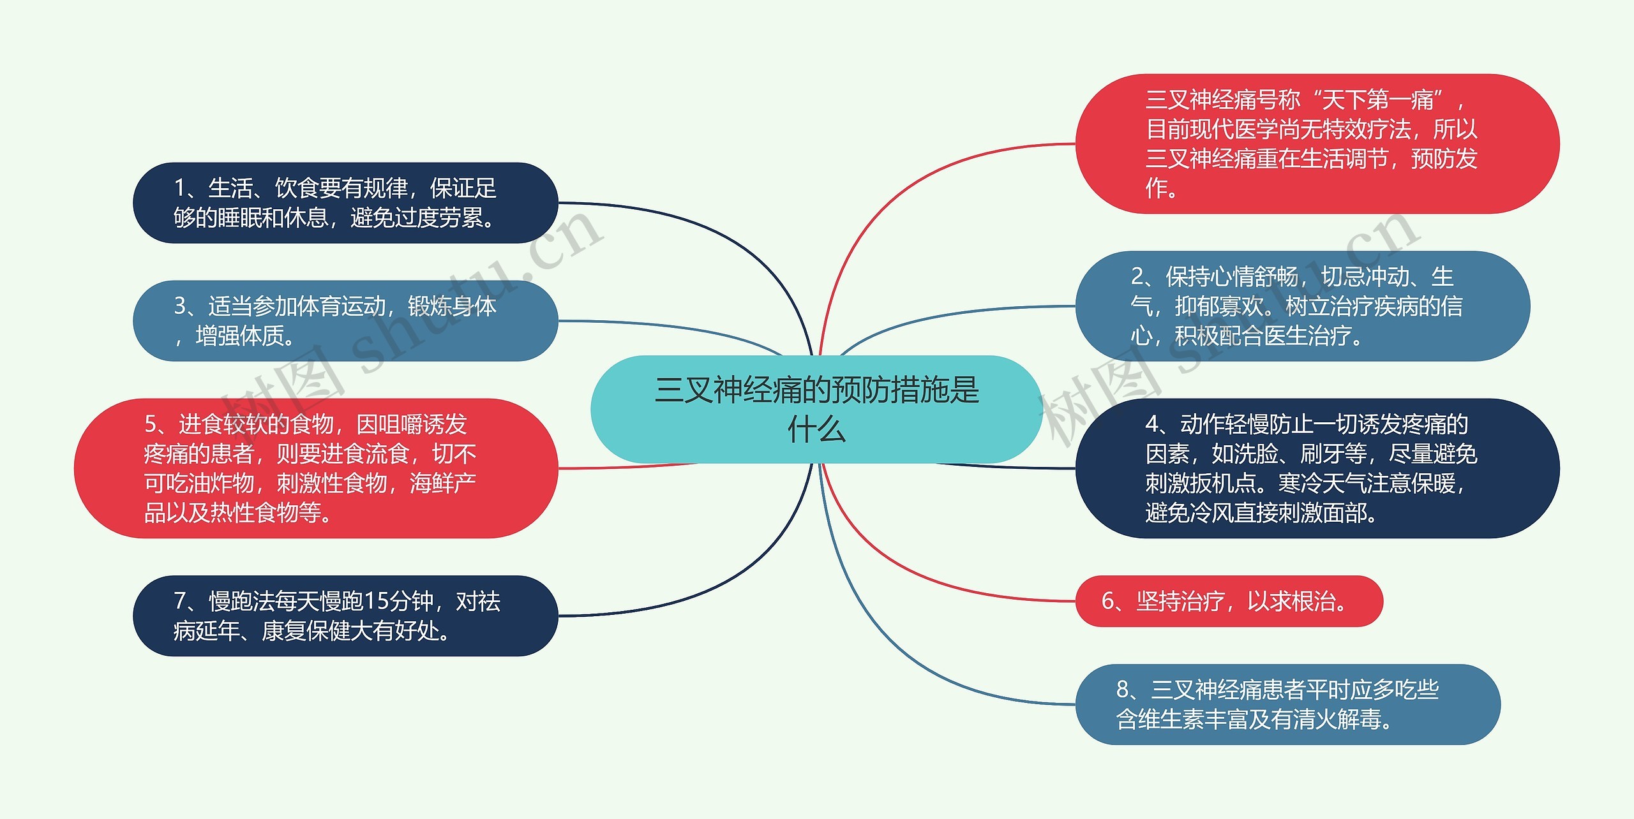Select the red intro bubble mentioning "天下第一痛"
(1317, 144)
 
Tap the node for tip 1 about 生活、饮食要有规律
(345, 203)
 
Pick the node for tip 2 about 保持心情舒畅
(1302, 306)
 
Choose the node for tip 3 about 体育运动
(345, 321)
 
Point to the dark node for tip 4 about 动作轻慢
(1317, 468)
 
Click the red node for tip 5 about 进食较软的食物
(316, 468)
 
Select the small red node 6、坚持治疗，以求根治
(1229, 601)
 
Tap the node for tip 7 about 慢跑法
(345, 616)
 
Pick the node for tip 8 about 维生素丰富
(1287, 704)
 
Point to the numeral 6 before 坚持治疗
(1108, 601)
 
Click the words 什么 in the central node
(816, 429)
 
